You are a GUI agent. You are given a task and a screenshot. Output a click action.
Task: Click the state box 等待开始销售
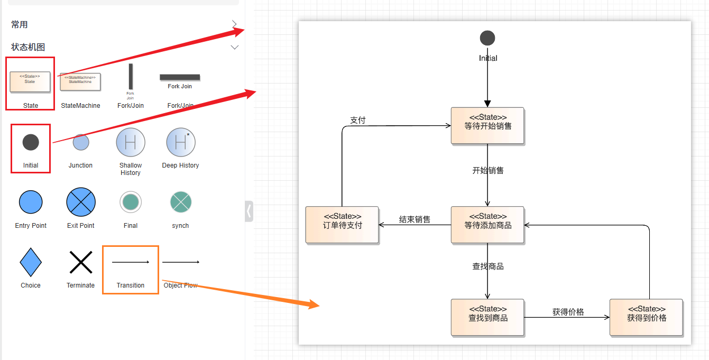487,126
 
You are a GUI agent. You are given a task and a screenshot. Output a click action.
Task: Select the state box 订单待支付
342,225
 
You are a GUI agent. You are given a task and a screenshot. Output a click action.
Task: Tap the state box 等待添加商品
487,225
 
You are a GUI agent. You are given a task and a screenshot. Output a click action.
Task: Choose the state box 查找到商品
487,317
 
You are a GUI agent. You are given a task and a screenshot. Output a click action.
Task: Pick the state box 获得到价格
646,317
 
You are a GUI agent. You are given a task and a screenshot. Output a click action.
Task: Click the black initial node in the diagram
487,38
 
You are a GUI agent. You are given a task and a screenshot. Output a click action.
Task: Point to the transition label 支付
358,120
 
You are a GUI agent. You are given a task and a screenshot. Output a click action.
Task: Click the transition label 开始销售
488,170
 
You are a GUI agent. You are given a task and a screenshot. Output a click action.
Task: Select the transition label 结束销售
415,219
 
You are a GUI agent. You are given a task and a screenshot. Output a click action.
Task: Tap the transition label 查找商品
488,266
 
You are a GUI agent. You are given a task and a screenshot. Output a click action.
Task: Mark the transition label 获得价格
568,312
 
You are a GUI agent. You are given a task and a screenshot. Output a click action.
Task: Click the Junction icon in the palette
81,142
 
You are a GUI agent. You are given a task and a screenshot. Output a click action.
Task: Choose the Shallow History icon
131,142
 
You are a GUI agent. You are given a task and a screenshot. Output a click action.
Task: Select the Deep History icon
181,142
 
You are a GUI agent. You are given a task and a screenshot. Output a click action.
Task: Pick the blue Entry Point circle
31,202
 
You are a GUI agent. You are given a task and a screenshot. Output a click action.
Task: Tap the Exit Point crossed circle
81,202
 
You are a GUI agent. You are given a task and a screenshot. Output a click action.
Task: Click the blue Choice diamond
31,262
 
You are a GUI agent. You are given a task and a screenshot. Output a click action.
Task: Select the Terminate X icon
81,262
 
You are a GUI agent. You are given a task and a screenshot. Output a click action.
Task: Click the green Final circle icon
131,202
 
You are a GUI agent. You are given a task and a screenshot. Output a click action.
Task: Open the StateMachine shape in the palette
80,82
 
